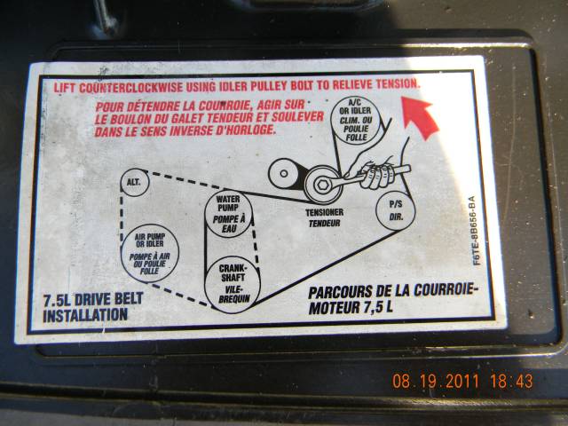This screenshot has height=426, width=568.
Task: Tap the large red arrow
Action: (420, 116)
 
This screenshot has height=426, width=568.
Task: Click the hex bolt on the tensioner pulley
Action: (322, 185)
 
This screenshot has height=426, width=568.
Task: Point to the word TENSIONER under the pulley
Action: (324, 212)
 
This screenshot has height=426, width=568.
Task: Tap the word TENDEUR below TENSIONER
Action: (324, 224)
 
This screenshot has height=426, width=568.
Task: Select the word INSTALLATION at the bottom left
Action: (85, 315)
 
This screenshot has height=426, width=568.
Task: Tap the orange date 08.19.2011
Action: (436, 381)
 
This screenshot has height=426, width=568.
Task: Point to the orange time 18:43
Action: (511, 381)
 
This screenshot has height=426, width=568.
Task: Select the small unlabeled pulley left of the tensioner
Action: (284, 174)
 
